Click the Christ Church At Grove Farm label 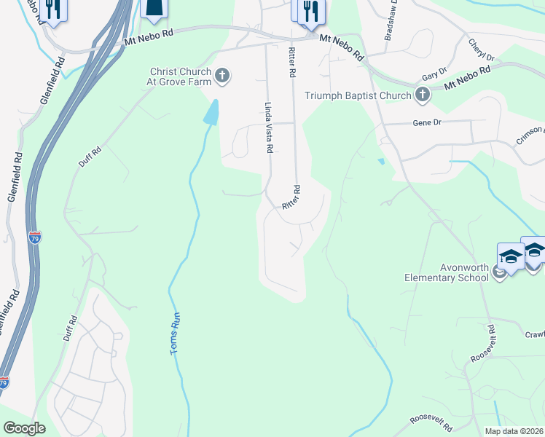coord(180,76)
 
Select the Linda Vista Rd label coord(268,127)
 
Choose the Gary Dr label coord(434,76)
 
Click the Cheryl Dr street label coord(482,50)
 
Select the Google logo coord(24,428)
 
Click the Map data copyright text coord(514,431)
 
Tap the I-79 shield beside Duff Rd coord(35,237)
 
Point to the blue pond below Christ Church coord(211,111)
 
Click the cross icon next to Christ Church coord(221,75)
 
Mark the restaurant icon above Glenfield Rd coord(52,9)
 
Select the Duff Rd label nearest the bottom coord(70,328)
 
